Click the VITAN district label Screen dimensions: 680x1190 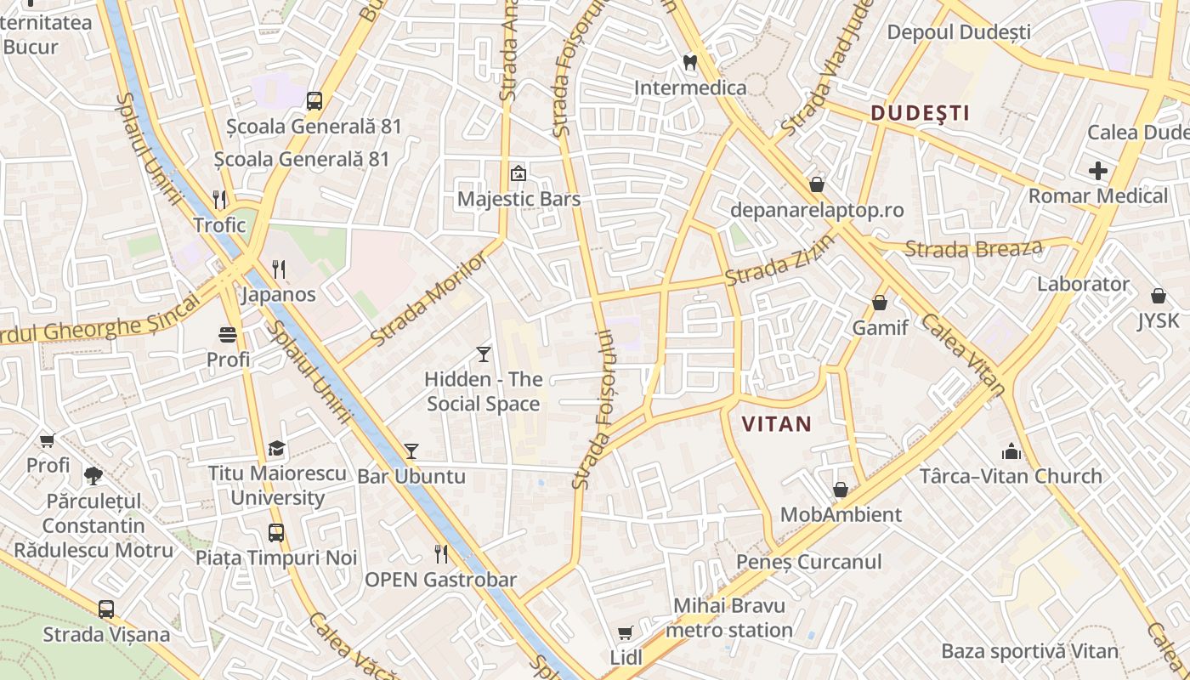776,424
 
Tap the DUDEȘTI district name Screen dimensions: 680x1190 920,113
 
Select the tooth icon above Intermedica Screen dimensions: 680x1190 690,62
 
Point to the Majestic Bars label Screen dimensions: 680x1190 518,199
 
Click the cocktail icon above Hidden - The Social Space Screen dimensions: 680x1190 484,354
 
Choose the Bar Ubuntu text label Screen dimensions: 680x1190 411,476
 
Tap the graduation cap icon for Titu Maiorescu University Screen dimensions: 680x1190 276,449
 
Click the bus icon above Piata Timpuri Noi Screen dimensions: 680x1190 276,533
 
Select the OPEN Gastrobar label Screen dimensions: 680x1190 440,580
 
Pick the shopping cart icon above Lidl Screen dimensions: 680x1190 626,632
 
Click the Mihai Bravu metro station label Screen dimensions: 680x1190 729,618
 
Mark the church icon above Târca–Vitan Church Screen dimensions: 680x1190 1011,450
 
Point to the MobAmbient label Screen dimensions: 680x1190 841,514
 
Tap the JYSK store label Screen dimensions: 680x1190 1159,320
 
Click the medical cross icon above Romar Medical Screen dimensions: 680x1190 1098,171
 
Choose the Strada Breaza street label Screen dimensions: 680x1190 973,249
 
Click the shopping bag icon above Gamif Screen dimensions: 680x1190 880,303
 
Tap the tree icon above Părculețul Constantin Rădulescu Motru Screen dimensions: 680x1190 93,475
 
